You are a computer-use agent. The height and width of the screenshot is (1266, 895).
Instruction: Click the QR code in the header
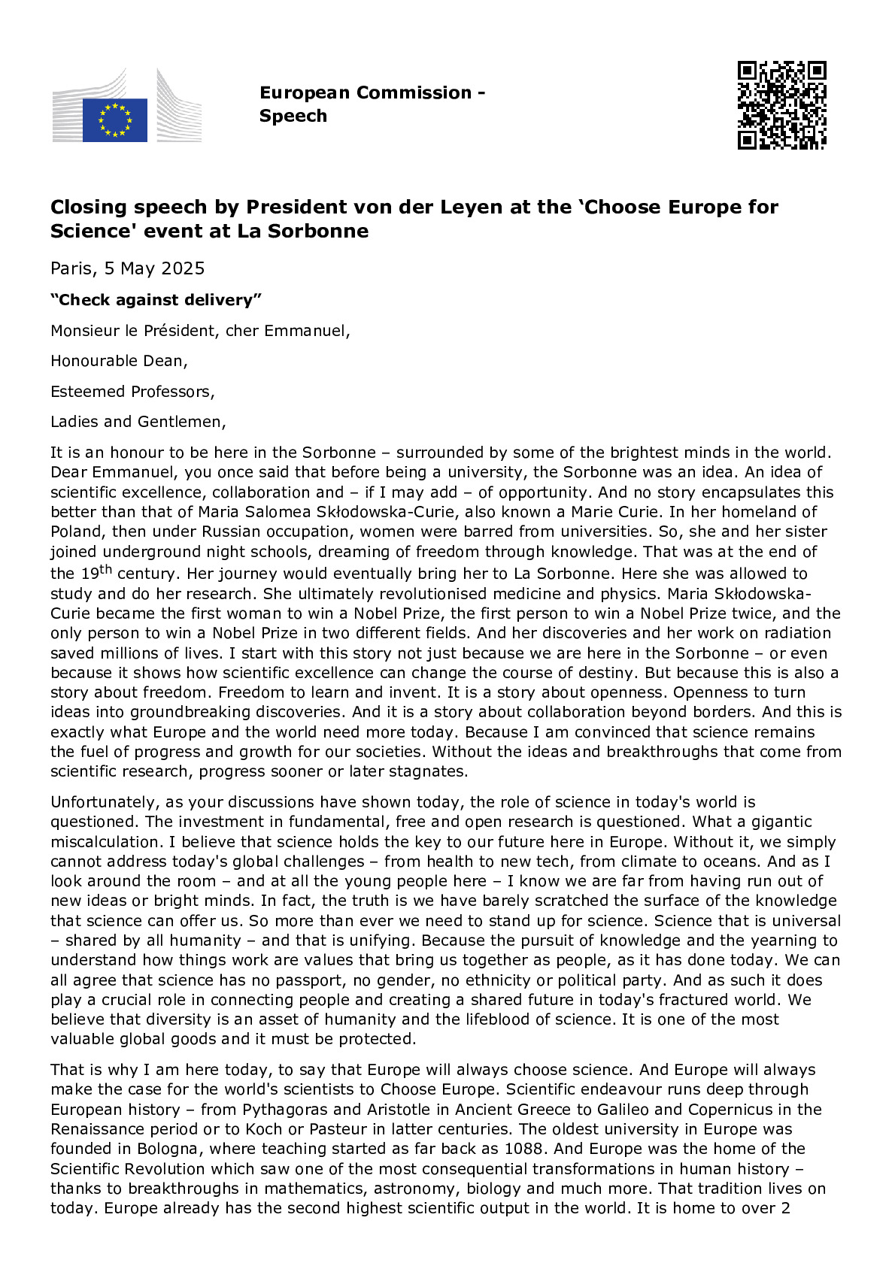pyautogui.click(x=781, y=105)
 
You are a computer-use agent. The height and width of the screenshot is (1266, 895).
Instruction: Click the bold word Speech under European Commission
pyautogui.click(x=293, y=116)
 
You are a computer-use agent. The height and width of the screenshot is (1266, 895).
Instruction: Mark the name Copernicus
pyautogui.click(x=742, y=1110)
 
